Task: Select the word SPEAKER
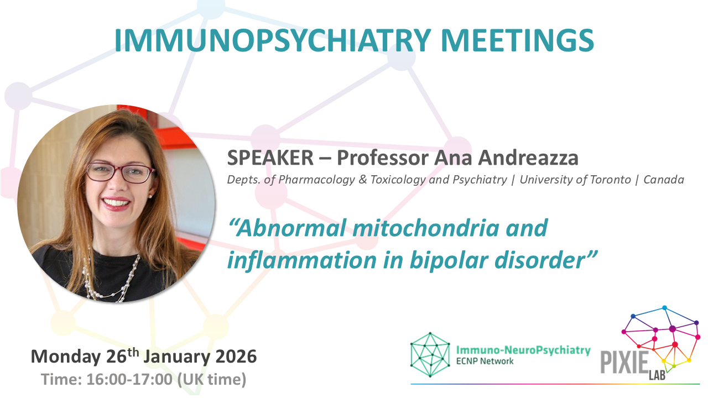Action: point(270,158)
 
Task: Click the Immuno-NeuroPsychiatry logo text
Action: point(523,350)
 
